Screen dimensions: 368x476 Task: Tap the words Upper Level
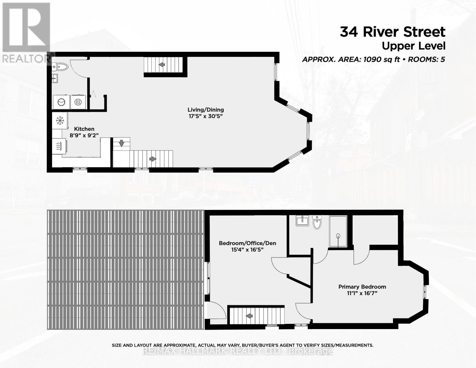tap(413, 46)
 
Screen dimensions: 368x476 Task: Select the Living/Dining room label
tap(206, 110)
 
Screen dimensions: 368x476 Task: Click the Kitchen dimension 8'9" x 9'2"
tap(84, 135)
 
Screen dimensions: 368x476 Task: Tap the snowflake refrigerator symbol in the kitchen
tap(60, 121)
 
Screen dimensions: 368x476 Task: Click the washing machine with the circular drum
tap(61, 102)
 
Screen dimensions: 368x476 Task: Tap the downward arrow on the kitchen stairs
tap(121, 143)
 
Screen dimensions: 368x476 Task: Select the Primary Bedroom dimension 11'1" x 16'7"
tap(362, 293)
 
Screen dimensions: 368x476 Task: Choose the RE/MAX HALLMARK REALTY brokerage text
tap(238, 351)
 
